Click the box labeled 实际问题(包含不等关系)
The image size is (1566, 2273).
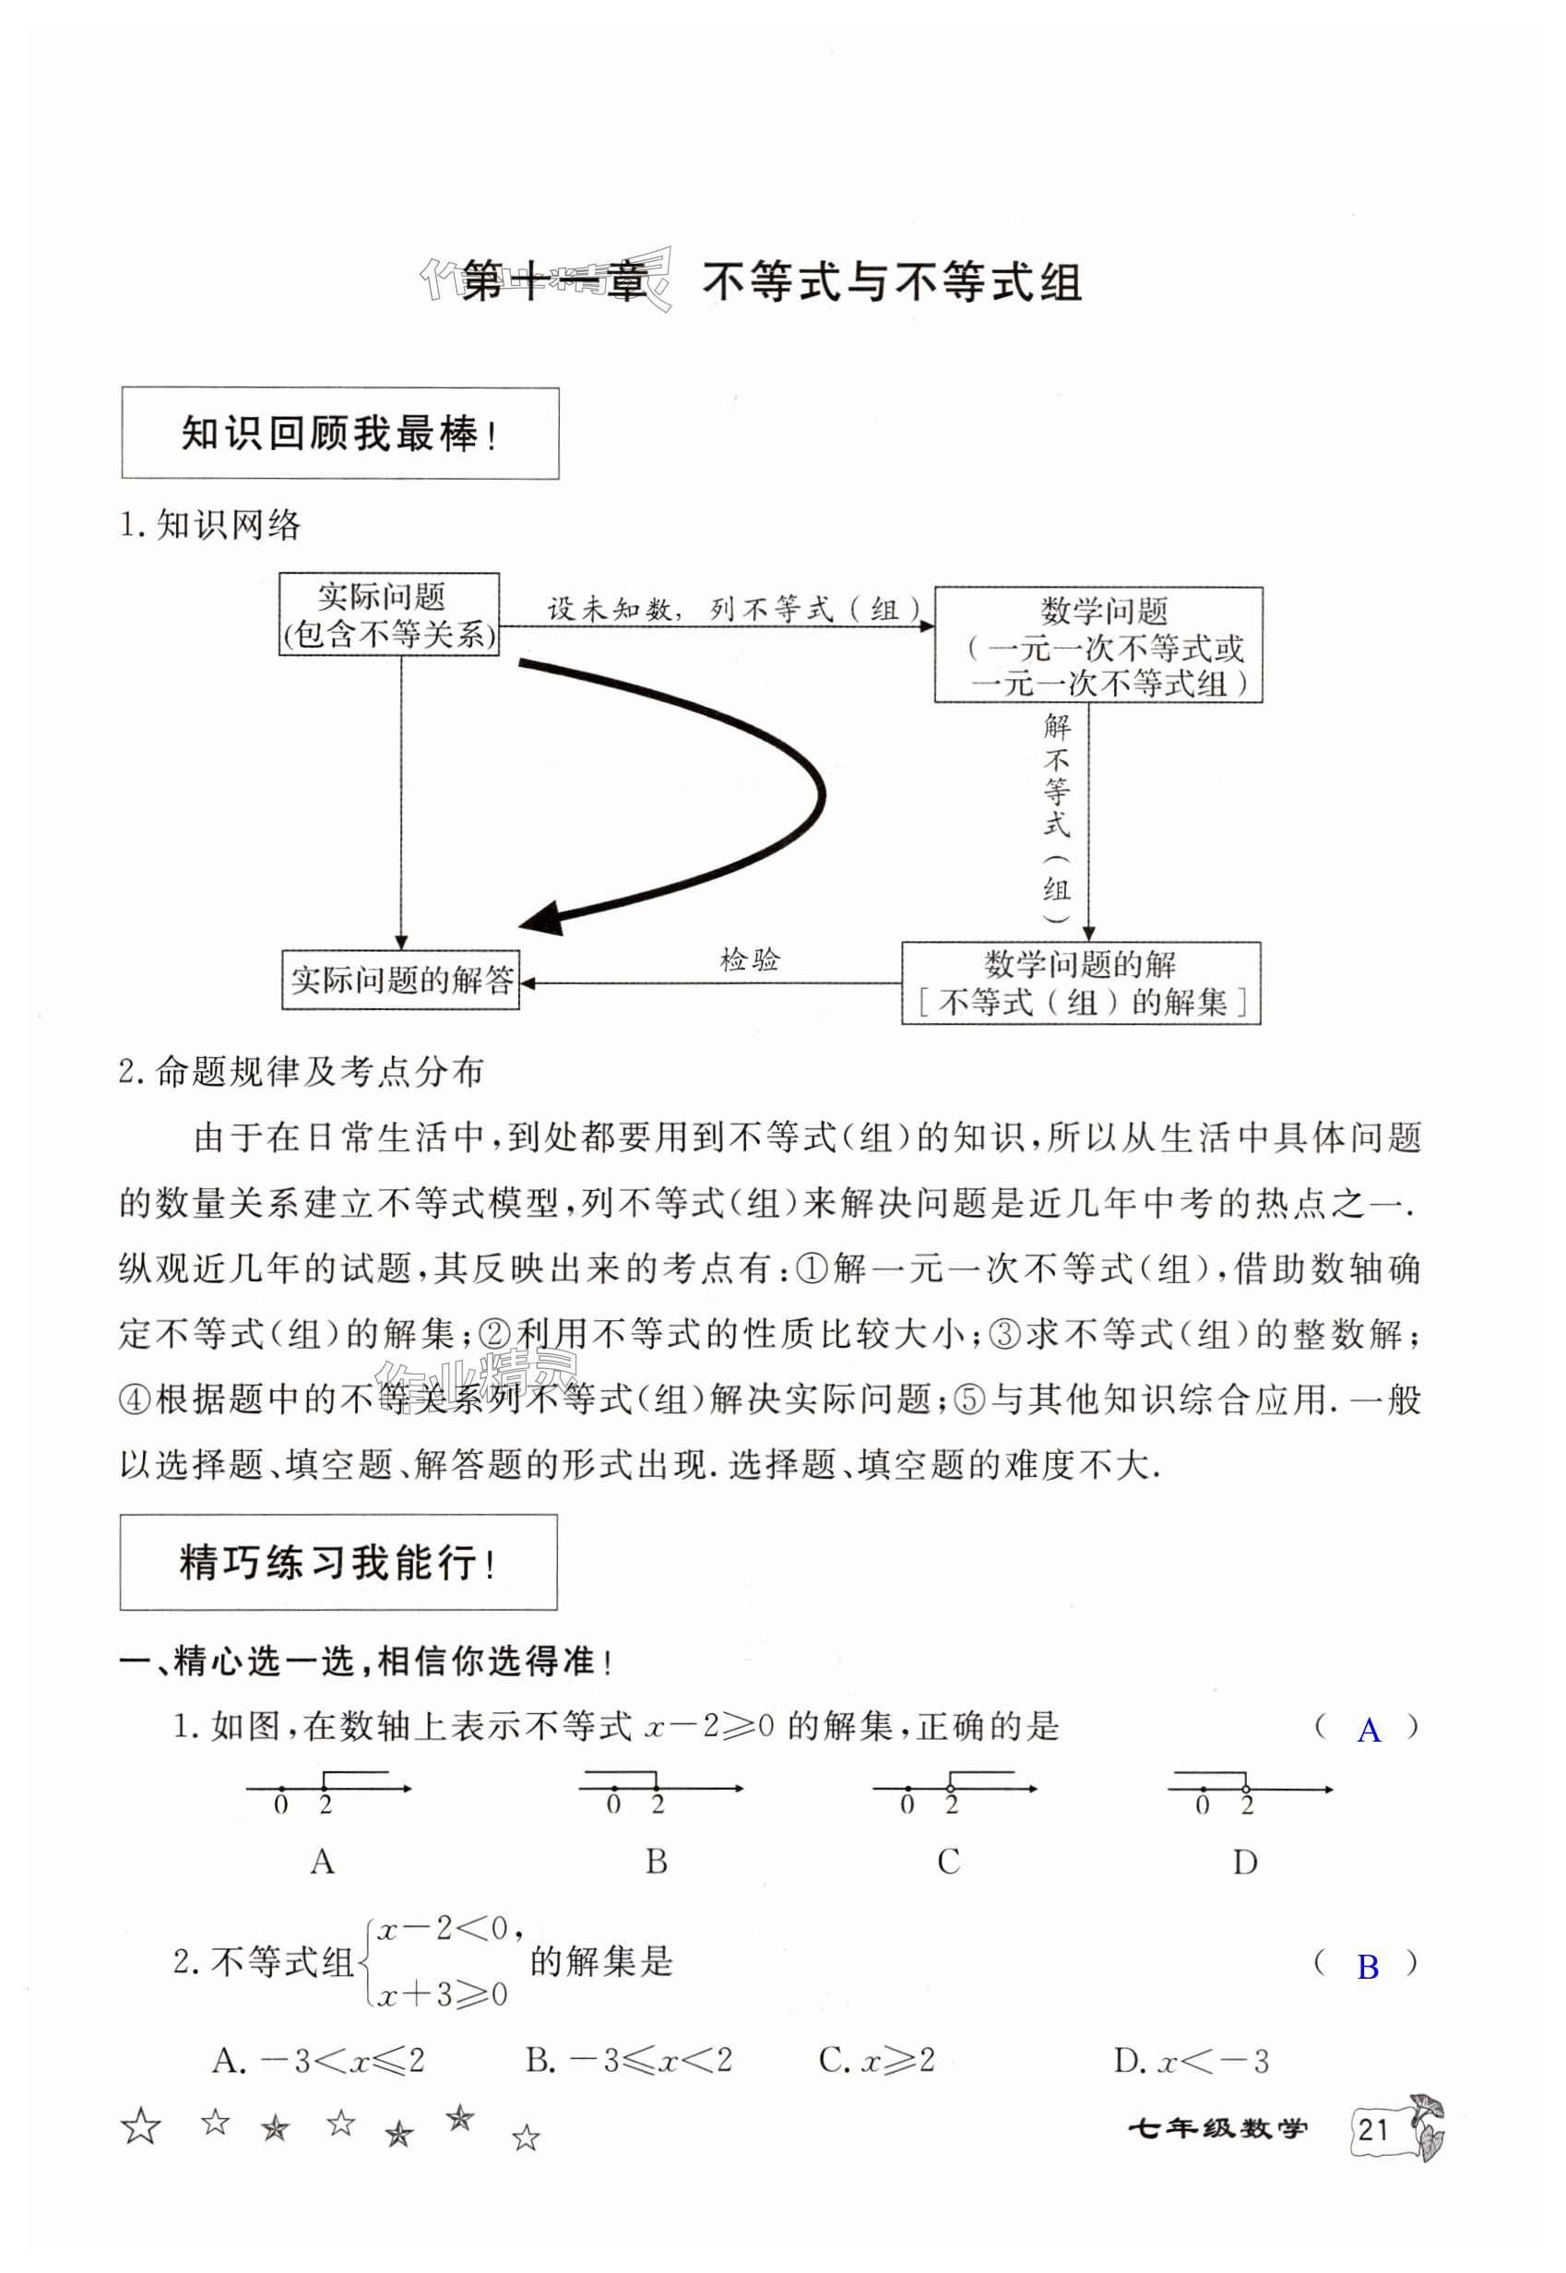(388, 614)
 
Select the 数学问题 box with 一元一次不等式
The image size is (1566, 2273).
(1097, 645)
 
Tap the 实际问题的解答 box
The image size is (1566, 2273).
(400, 979)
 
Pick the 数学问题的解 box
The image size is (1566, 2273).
(1080, 982)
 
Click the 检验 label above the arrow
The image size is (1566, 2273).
(750, 958)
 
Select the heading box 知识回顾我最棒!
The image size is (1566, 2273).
(339, 433)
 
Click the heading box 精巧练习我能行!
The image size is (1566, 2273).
(338, 1563)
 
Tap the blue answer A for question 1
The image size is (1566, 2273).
(1368, 1731)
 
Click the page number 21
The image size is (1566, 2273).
(1373, 2129)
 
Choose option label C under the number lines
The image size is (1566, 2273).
(948, 1861)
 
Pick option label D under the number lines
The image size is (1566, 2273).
(1244, 1862)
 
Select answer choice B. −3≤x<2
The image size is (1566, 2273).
(629, 2060)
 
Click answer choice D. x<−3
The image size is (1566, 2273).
(1191, 2061)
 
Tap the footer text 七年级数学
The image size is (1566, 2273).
(1216, 2129)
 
